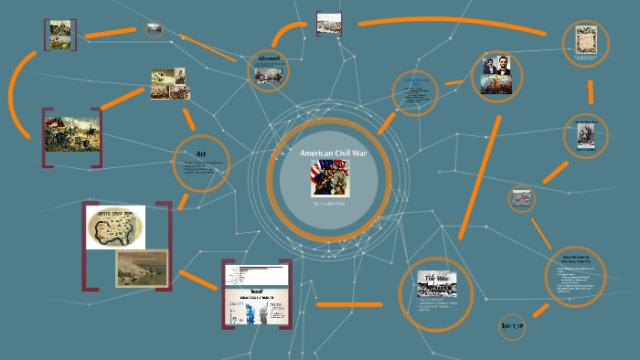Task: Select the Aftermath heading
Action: coord(269,59)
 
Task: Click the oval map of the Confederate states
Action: coord(116,227)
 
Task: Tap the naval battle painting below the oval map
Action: coord(141,269)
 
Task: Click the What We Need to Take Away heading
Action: coord(575,259)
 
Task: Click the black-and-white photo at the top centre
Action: coord(329,23)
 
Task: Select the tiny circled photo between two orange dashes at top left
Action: coord(154,29)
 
